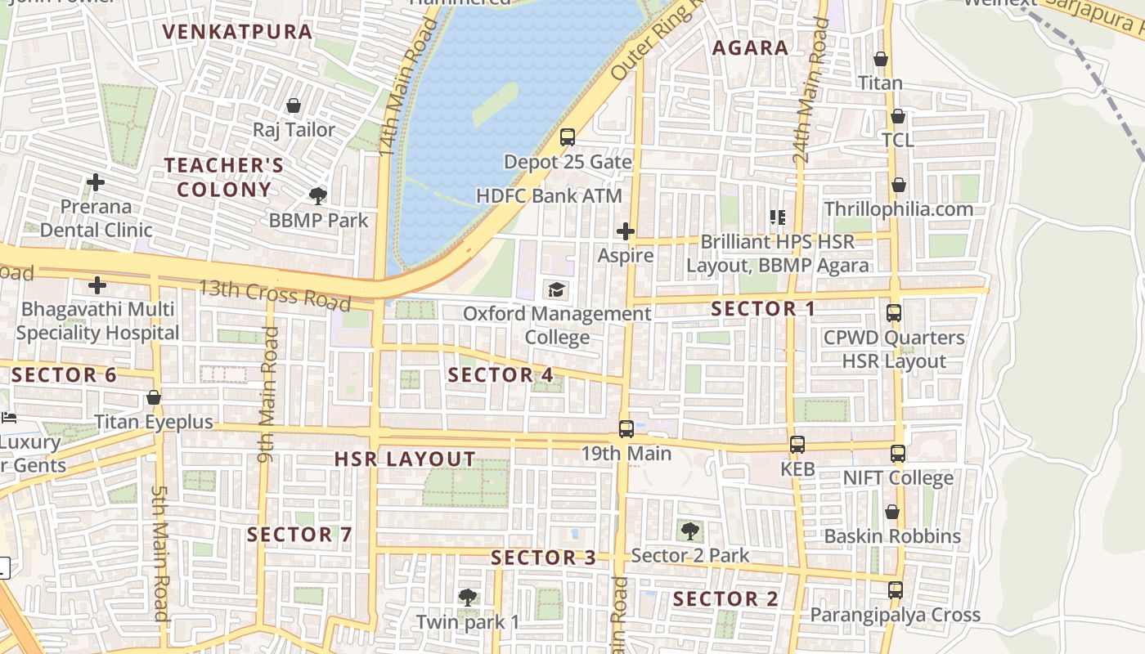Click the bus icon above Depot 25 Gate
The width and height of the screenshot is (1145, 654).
point(568,137)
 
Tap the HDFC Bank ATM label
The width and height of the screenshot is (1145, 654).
point(549,196)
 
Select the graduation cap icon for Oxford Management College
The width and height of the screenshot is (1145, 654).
point(557,289)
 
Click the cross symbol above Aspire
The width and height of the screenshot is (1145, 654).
point(626,232)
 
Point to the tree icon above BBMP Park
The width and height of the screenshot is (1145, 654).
point(318,196)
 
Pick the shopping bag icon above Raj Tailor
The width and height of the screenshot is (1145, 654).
point(294,106)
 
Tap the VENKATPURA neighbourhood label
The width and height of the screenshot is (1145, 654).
point(237,32)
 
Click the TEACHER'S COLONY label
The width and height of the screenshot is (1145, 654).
point(224,177)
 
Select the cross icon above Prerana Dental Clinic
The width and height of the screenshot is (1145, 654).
point(96,182)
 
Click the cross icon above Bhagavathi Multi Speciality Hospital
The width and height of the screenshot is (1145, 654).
point(97,285)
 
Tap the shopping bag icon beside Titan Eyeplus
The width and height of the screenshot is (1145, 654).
point(154,398)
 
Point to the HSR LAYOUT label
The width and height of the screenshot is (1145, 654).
point(405,459)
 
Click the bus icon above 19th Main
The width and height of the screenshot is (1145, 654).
point(626,429)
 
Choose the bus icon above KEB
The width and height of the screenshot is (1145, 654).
point(797,446)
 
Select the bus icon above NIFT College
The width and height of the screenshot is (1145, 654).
point(898,454)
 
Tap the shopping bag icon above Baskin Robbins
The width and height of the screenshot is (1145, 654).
point(892,513)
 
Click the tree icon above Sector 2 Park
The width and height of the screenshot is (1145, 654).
point(690,531)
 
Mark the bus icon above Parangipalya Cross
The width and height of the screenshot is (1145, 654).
point(896,590)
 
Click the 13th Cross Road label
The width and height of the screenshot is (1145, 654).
point(276,295)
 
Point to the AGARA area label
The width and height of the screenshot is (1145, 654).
point(750,48)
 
